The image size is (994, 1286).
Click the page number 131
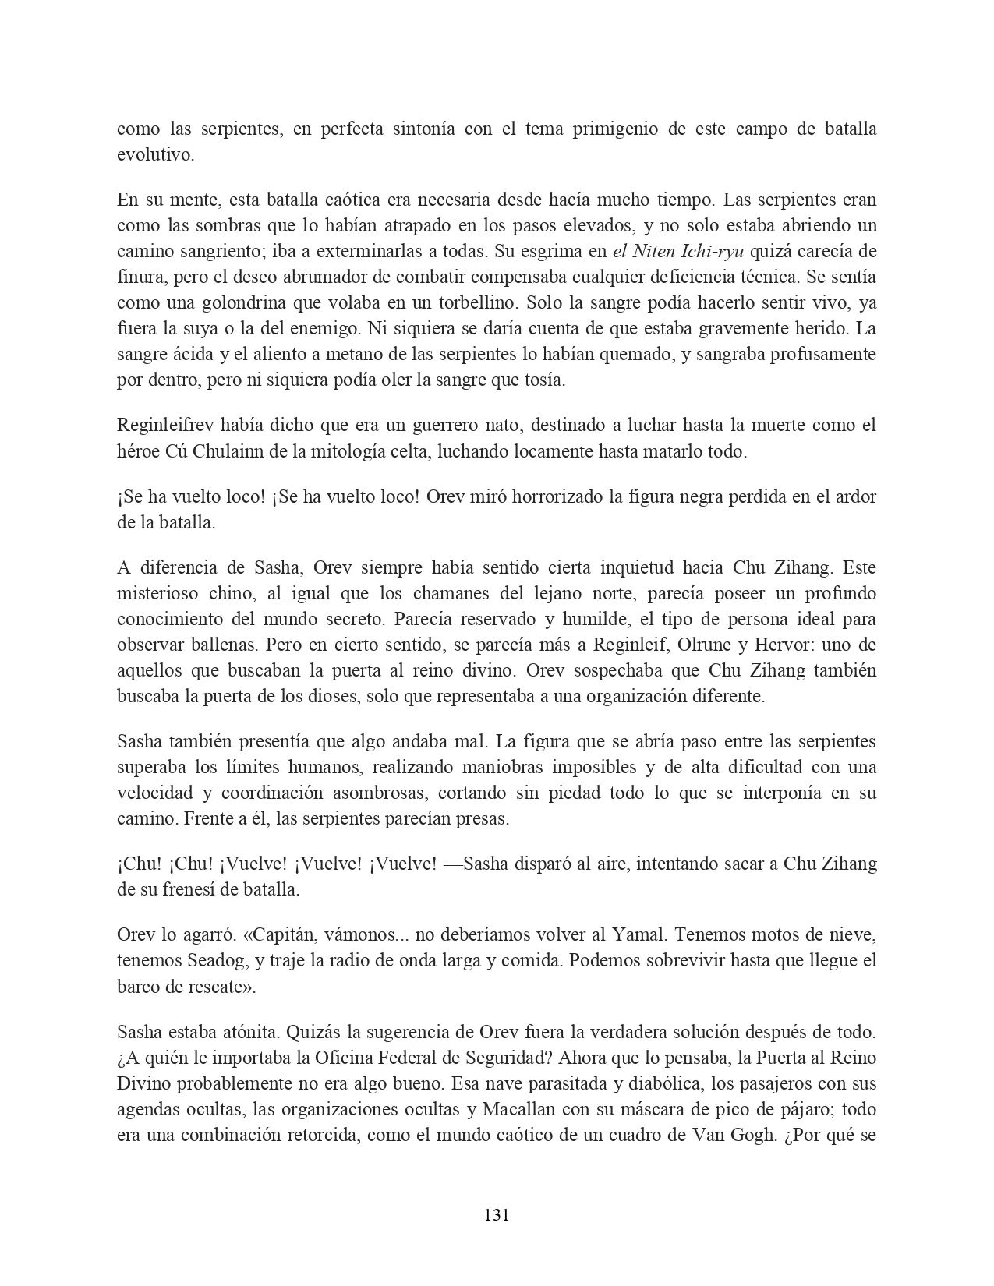(497, 1214)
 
